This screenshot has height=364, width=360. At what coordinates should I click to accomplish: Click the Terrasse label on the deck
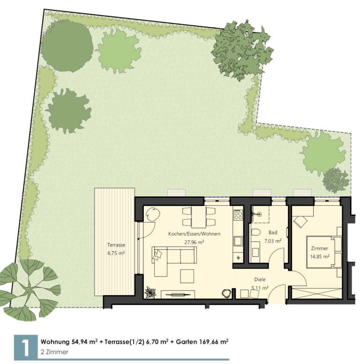click(x=116, y=245)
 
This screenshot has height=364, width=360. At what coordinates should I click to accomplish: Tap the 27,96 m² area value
click(x=194, y=242)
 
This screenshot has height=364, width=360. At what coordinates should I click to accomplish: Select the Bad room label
click(x=273, y=232)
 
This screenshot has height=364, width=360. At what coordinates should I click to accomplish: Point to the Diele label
click(x=260, y=280)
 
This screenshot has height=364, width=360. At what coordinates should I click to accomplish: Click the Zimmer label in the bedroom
click(x=319, y=248)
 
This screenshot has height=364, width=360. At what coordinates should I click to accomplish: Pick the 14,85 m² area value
click(x=320, y=257)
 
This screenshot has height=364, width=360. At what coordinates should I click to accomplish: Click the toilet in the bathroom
click(x=255, y=232)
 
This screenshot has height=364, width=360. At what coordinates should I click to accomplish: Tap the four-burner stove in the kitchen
click(x=238, y=215)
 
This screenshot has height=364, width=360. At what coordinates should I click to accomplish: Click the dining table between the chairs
click(x=199, y=217)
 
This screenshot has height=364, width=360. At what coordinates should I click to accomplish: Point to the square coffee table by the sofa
click(x=187, y=276)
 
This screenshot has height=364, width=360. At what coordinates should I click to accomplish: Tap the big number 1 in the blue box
click(x=26, y=348)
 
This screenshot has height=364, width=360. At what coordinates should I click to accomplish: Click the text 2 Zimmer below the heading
click(x=54, y=352)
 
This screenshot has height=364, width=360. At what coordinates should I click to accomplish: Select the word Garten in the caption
click(x=187, y=342)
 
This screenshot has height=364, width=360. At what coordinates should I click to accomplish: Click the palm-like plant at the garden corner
click(x=29, y=290)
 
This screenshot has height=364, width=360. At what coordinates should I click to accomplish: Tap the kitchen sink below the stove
click(x=238, y=241)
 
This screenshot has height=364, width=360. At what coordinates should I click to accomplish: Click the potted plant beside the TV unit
click(x=150, y=292)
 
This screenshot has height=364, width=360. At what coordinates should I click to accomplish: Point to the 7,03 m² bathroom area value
click(x=273, y=241)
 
